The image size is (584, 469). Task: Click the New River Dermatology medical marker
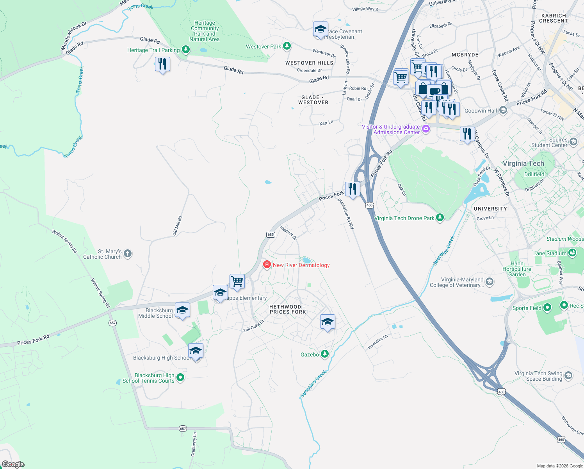point(267,265)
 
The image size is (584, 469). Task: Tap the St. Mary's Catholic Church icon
point(128,254)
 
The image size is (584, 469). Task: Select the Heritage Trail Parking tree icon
point(186,50)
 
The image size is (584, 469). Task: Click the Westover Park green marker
point(287,47)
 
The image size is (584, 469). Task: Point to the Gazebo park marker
point(324,354)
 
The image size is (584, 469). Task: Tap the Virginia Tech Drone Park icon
point(440,218)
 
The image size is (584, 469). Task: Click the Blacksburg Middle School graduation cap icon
point(182,310)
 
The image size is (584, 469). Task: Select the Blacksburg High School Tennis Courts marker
point(180,378)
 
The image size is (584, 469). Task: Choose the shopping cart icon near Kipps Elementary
point(237,281)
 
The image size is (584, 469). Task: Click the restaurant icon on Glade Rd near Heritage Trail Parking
point(162,64)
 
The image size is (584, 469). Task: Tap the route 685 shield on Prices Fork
point(271,234)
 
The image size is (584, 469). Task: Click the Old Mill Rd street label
point(177,226)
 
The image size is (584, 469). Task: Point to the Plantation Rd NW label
point(346,214)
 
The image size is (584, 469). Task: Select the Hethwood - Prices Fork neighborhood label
point(288,309)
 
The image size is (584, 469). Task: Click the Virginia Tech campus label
point(523,163)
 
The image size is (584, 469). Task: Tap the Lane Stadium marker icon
point(572,253)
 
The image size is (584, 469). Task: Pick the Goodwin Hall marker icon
point(503,111)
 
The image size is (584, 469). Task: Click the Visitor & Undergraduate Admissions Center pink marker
point(426,129)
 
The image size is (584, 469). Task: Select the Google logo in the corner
point(13,464)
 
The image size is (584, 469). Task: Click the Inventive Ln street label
point(377,342)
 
